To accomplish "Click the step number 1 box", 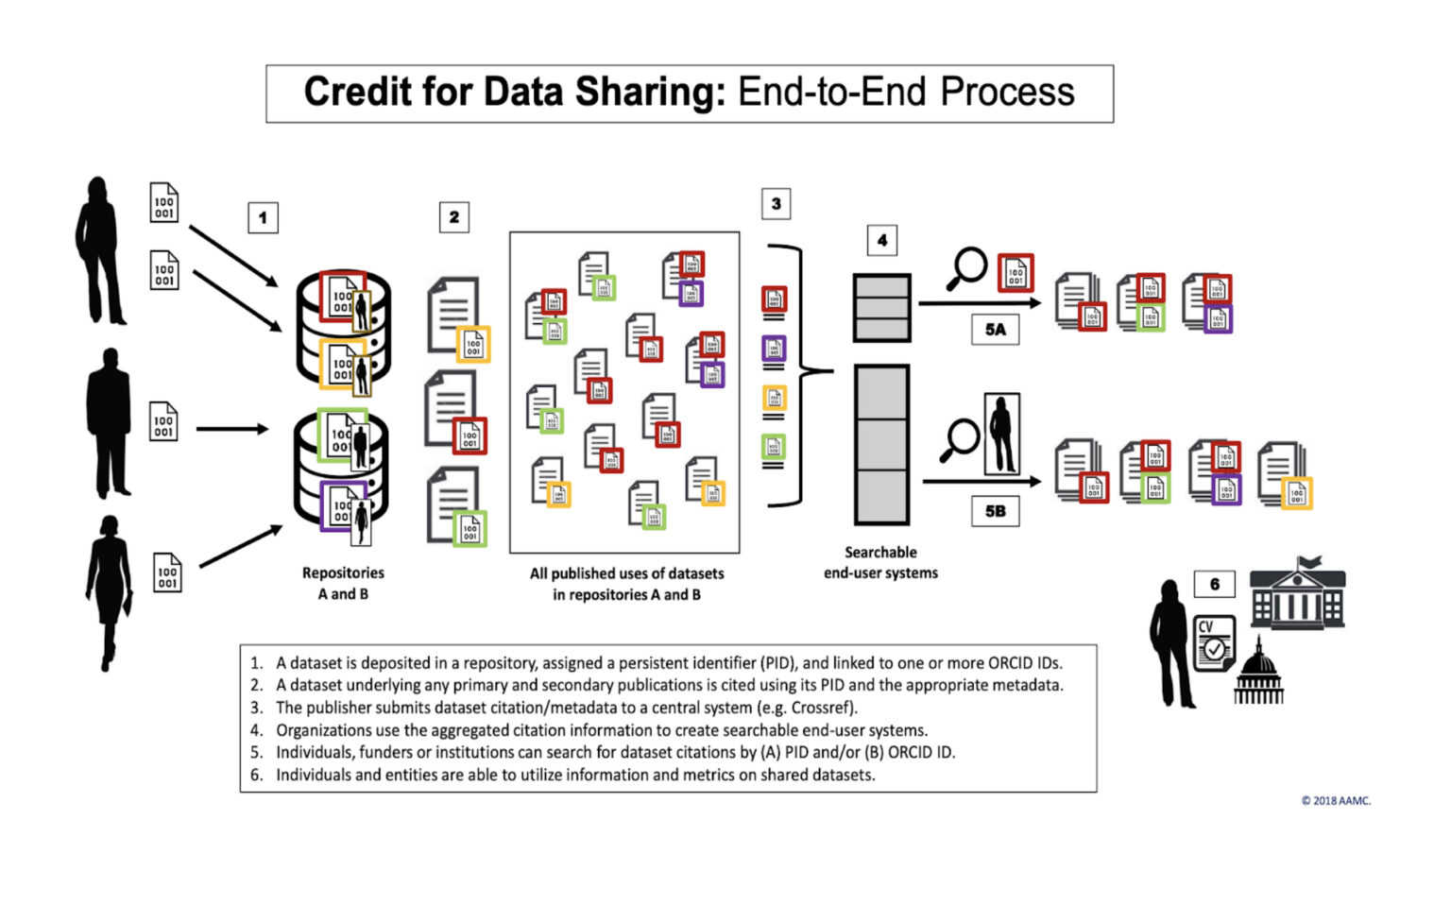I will tap(263, 217).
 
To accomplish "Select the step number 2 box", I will tap(454, 217).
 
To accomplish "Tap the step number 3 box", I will tap(776, 203).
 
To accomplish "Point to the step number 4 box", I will tap(881, 240).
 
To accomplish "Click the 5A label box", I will tap(995, 330).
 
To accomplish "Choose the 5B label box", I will tap(995, 511).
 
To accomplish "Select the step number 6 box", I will tap(1215, 584).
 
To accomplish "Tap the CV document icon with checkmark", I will tap(1213, 643).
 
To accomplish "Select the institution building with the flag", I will tap(1297, 594).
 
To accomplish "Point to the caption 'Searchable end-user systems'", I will tap(880, 562).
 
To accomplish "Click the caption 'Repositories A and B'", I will tap(343, 583).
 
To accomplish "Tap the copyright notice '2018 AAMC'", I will tap(1336, 800).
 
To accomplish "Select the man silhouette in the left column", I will tap(109, 422).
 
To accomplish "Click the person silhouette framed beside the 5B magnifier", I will tap(1001, 434).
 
